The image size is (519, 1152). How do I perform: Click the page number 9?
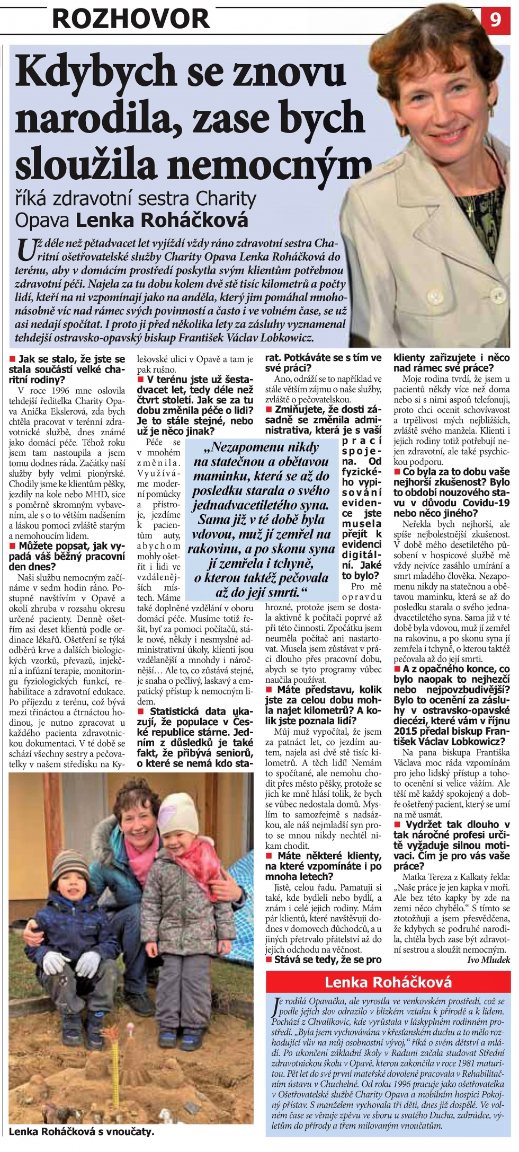(496, 19)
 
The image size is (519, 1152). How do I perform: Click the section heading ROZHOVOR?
(131, 19)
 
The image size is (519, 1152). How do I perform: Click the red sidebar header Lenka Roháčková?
(388, 982)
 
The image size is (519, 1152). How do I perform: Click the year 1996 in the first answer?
(62, 391)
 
